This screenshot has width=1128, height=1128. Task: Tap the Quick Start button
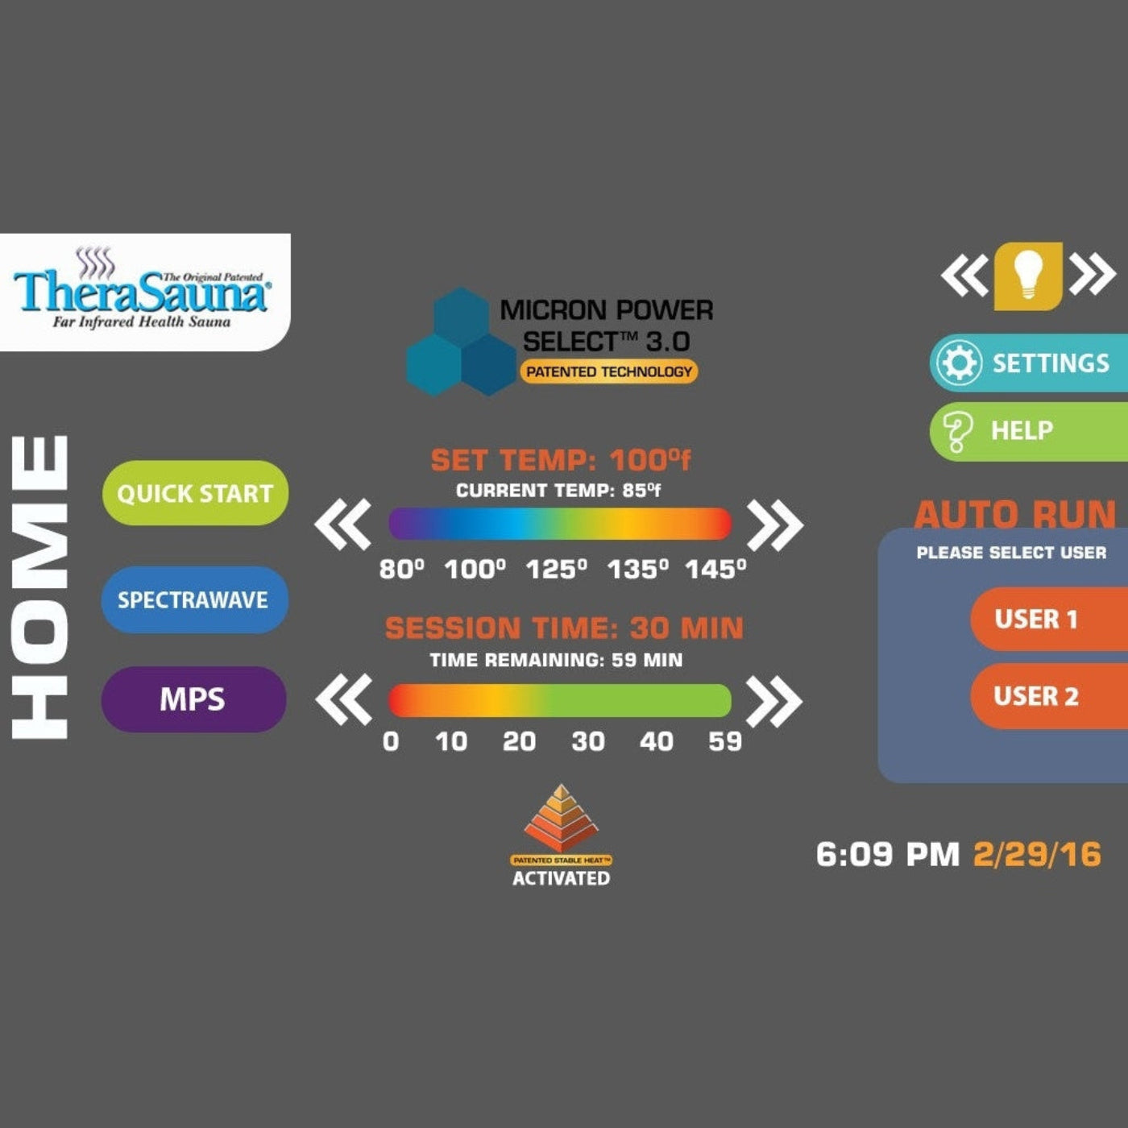click(x=195, y=493)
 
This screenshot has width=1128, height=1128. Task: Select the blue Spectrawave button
click(x=194, y=599)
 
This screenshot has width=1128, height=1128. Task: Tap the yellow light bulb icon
click(x=1027, y=276)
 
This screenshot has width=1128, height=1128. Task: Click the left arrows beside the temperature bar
click(x=343, y=524)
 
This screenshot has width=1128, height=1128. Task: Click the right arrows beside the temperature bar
click(x=774, y=525)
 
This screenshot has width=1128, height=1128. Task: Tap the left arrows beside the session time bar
click(x=344, y=699)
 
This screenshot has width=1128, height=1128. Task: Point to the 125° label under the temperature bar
click(x=556, y=570)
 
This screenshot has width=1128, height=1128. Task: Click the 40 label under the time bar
click(x=657, y=741)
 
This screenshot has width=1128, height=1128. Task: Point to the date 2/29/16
click(x=1037, y=854)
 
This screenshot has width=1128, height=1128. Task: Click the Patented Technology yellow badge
click(x=608, y=371)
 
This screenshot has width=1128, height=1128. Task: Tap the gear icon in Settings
click(x=959, y=363)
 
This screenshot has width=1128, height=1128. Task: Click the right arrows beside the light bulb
click(x=1093, y=275)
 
